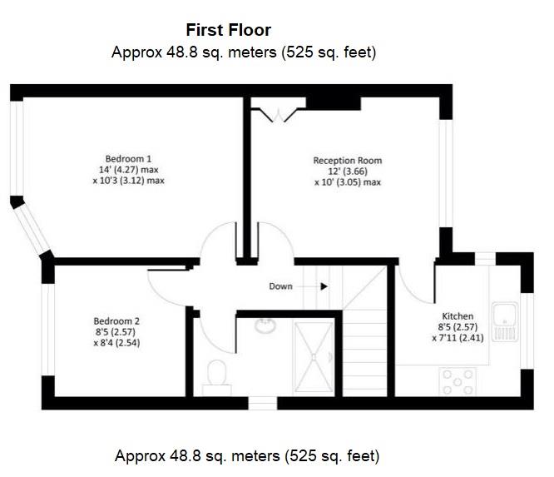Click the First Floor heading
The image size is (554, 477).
pos(228,30)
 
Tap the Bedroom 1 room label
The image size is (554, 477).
pos(128,159)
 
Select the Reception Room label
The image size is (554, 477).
pos(348,161)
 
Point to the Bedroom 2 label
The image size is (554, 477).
pos(116,321)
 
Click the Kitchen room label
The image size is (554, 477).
pos(458,316)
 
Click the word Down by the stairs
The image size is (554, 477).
pos(280,286)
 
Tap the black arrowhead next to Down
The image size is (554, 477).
pos(324,286)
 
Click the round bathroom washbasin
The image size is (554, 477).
pos(265,325)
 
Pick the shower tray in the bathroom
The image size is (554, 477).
pos(314,357)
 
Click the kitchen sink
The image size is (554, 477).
pos(505,321)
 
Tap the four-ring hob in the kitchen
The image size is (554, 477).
pos(458,381)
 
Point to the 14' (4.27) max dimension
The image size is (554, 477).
pos(128,170)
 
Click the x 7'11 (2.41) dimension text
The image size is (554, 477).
pos(458,338)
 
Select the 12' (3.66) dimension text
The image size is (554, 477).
pos(348,171)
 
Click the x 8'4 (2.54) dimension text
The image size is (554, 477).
pos(116,343)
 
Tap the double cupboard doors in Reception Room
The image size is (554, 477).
pos(279,115)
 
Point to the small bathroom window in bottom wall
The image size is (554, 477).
pos(263,404)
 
